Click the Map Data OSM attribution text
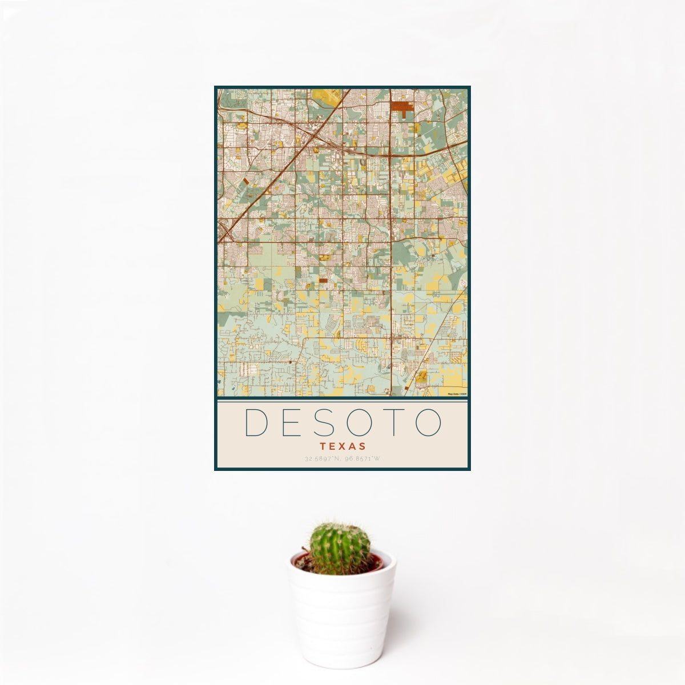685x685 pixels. click(x=457, y=394)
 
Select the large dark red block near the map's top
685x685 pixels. click(x=402, y=107)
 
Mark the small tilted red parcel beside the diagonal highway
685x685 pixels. click(x=246, y=180)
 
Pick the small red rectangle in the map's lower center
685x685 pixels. click(x=324, y=280)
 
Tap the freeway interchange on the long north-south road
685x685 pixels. click(x=390, y=153)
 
